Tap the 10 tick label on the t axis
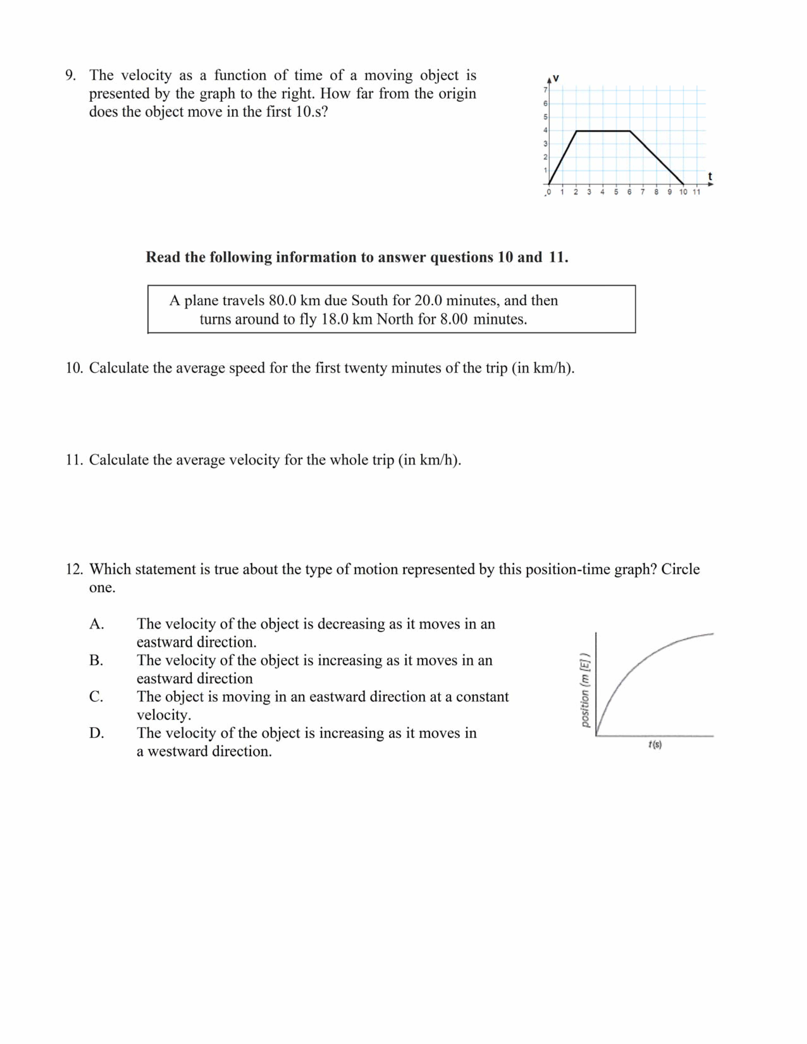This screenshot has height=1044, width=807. coord(683,192)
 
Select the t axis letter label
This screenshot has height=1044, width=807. coord(710,176)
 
